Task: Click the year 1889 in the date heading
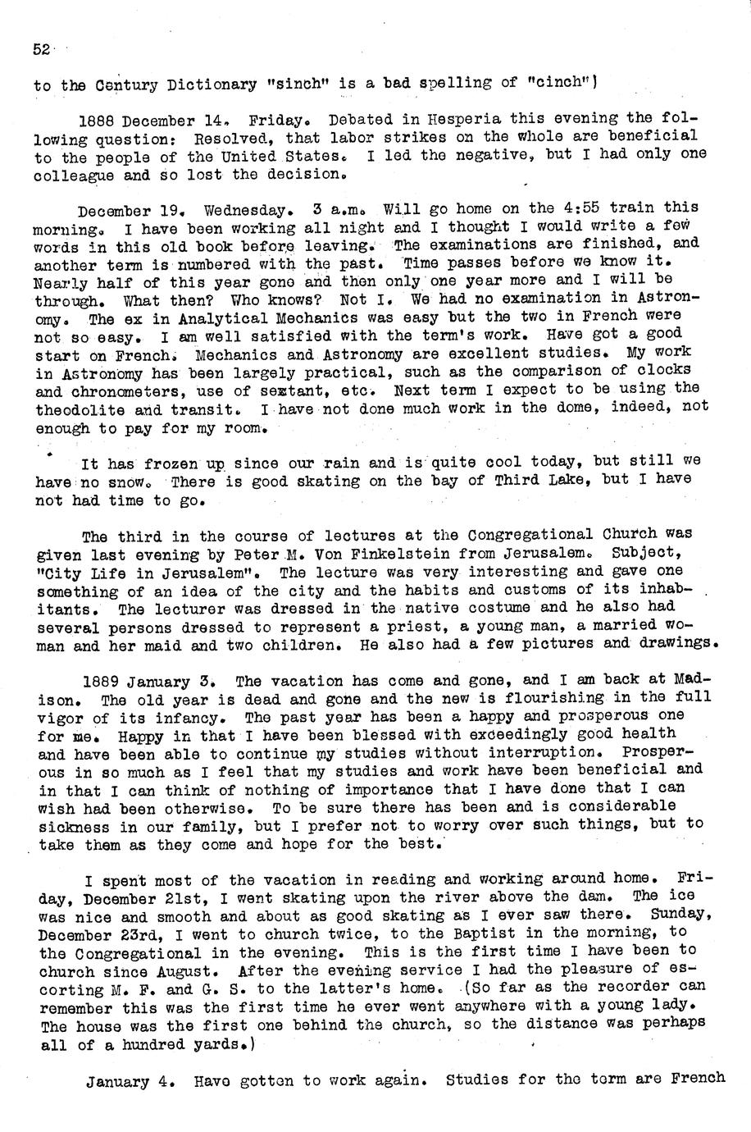click(102, 682)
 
